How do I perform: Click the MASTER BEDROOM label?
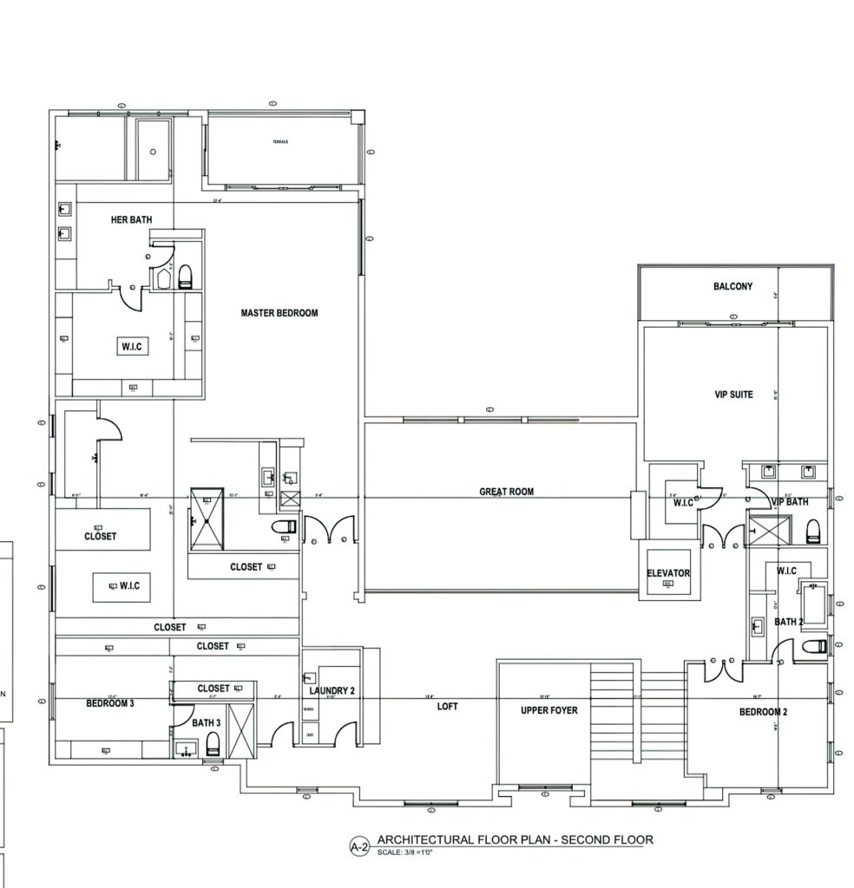279,313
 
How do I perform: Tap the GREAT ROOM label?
507,492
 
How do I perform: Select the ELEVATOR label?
668,573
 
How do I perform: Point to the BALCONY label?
732,287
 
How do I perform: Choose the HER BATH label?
131,220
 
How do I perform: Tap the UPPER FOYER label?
549,710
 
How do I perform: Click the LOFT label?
447,707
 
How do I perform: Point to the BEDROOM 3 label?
109,703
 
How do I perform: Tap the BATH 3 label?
207,721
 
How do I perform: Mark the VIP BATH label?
790,502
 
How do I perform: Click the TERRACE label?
279,141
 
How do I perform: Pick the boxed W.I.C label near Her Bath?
132,347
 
